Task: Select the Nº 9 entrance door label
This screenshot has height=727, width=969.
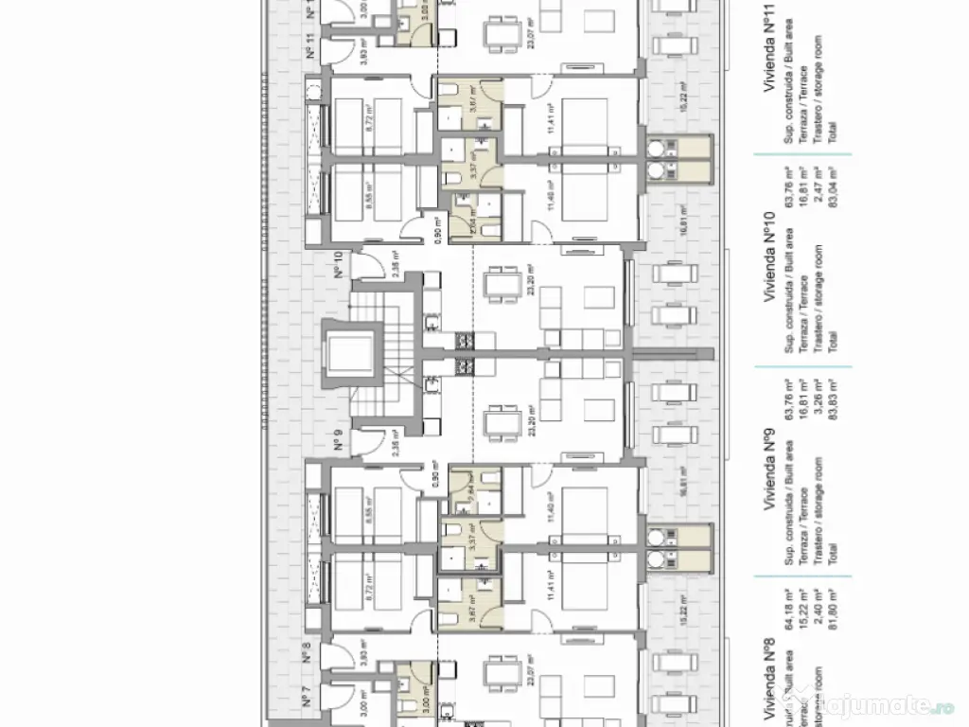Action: coord(338,440)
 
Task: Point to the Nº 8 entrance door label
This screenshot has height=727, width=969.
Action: coord(307,652)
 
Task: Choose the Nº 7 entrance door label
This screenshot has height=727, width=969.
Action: coord(307,700)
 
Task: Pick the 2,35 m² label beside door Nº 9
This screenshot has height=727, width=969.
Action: coord(396,443)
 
